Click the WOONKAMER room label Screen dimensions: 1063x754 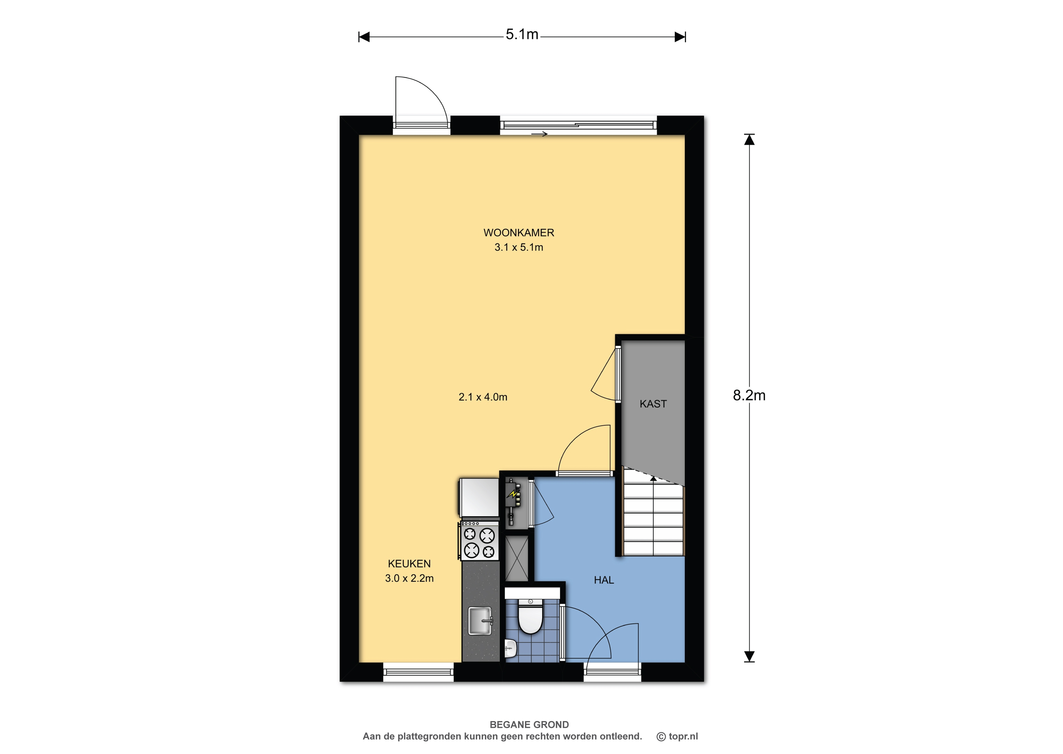click(x=519, y=232)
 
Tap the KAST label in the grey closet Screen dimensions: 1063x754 click(x=653, y=404)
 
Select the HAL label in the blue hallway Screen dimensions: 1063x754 click(x=604, y=580)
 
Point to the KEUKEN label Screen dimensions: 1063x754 click(x=409, y=564)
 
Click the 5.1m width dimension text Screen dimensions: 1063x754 click(x=522, y=34)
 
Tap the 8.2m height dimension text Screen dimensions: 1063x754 click(x=749, y=395)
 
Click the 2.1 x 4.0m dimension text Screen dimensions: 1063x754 click(x=483, y=397)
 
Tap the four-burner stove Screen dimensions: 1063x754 click(x=479, y=541)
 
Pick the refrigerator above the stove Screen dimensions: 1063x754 click(x=479, y=497)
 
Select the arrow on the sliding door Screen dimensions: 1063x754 click(x=539, y=134)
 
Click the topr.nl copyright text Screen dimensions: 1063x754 click(x=677, y=736)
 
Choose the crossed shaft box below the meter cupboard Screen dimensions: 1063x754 click(x=517, y=559)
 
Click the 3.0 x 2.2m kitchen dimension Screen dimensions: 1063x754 click(x=409, y=578)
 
